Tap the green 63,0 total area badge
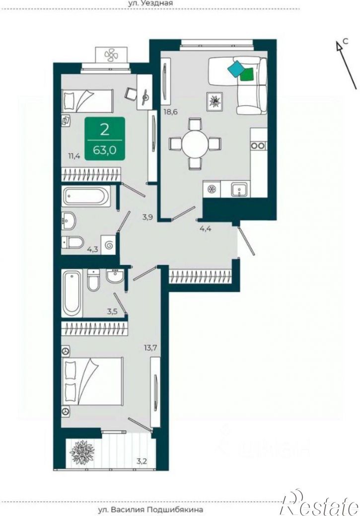105,139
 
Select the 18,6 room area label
170,112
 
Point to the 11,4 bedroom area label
74,156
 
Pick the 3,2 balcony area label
142,461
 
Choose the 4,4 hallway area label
206,228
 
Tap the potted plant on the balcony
82,451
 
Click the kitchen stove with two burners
258,145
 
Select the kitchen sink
237,190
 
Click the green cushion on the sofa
247,74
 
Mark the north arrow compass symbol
346,64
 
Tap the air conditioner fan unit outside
110,55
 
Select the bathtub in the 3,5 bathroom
72,293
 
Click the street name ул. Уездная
150,3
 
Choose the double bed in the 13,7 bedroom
93,381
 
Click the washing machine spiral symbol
109,245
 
